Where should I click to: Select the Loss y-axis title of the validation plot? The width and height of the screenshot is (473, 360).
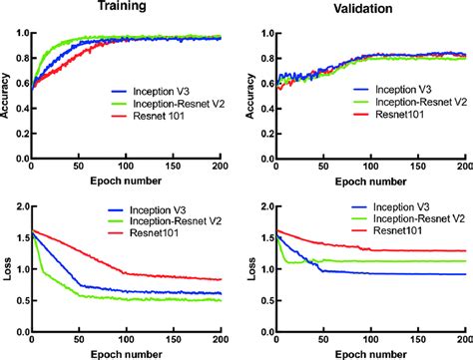[249, 262]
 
